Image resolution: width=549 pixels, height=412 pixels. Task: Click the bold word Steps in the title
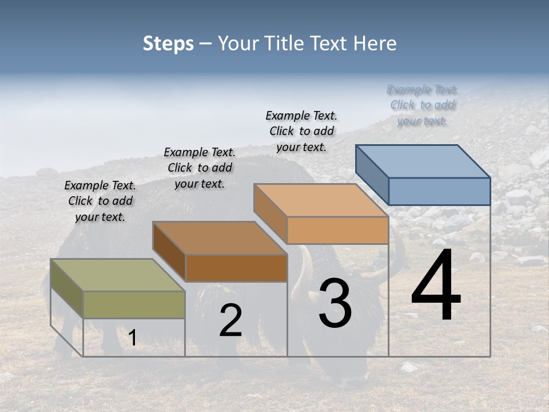pyautogui.click(x=168, y=43)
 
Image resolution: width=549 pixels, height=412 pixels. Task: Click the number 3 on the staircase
pyautogui.click(x=335, y=303)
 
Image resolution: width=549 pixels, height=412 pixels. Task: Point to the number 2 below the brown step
pyautogui.click(x=230, y=321)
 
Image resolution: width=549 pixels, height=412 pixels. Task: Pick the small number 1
pyautogui.click(x=132, y=338)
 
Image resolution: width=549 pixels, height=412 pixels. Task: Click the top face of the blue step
pyautogui.click(x=423, y=161)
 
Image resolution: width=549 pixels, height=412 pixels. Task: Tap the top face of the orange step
pyautogui.click(x=321, y=200)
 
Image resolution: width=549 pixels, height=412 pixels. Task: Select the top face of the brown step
pyautogui.click(x=220, y=238)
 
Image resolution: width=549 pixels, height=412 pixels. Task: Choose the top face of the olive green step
pyautogui.click(x=118, y=275)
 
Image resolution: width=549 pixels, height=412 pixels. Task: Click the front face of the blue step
pyautogui.click(x=439, y=191)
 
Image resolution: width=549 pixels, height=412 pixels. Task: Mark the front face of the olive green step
pyautogui.click(x=134, y=304)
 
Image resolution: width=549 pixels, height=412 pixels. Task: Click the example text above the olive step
pyautogui.click(x=100, y=201)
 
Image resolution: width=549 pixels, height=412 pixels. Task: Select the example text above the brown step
pyautogui.click(x=200, y=168)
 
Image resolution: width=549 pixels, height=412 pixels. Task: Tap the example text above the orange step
pyautogui.click(x=301, y=131)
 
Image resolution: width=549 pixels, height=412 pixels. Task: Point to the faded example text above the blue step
pyautogui.click(x=423, y=105)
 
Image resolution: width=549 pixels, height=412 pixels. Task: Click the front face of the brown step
pyautogui.click(x=236, y=268)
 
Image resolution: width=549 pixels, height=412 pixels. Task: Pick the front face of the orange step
pyautogui.click(x=337, y=230)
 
